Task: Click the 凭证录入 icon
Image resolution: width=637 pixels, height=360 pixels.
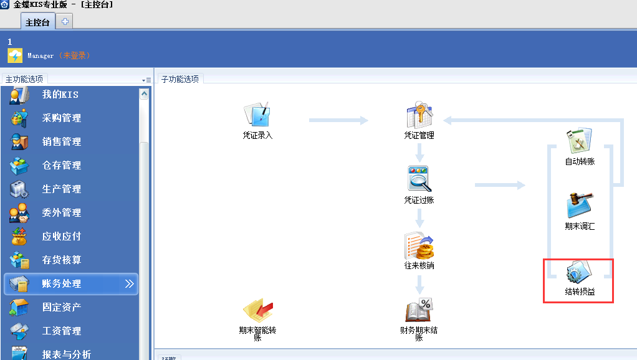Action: (257, 115)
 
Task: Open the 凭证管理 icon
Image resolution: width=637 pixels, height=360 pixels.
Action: (419, 116)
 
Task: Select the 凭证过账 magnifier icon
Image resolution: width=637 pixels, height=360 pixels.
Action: (419, 179)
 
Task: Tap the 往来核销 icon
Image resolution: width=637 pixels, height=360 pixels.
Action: (419, 246)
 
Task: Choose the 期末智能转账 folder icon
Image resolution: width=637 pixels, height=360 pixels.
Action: (257, 310)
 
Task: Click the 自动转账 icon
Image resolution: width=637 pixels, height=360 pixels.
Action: (580, 141)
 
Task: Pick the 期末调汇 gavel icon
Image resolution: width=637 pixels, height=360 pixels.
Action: (580, 206)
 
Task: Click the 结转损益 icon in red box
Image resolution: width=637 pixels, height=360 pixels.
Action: (580, 273)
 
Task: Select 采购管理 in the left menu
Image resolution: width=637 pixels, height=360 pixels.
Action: (61, 118)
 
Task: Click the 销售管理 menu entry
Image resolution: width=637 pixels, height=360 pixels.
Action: (61, 142)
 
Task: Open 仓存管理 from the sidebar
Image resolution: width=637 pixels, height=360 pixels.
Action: (61, 166)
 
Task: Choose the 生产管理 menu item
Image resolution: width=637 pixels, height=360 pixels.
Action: (61, 189)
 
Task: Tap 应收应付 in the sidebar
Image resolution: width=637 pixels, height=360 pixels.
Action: (61, 237)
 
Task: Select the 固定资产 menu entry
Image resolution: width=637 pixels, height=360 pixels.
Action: (61, 308)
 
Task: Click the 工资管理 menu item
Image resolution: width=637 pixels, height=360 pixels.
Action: (61, 331)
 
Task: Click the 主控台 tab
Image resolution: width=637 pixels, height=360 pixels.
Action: (37, 22)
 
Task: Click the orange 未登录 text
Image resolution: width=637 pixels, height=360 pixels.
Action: (75, 56)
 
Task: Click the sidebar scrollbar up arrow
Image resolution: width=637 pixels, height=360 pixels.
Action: (144, 94)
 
